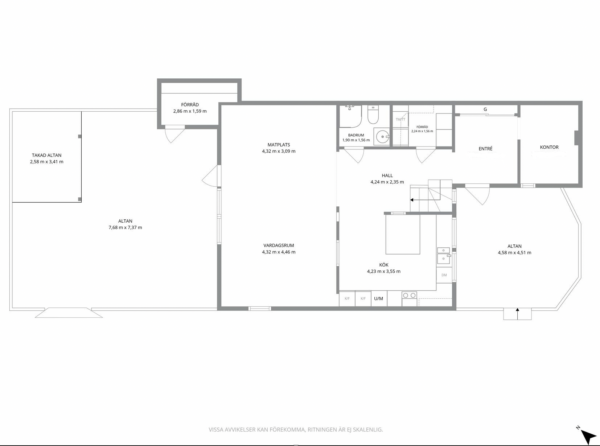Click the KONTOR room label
click(x=549, y=147)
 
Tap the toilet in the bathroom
click(x=373, y=115)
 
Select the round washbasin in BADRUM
click(x=382, y=137)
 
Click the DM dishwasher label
click(x=444, y=275)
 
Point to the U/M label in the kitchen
click(x=378, y=298)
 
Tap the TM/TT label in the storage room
click(x=400, y=119)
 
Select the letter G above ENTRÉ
click(x=485, y=109)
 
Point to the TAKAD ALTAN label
click(x=46, y=155)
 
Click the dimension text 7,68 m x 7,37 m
click(x=125, y=227)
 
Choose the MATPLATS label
click(x=279, y=145)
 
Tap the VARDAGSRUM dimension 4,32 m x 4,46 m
click(x=279, y=252)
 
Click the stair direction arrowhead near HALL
click(x=412, y=200)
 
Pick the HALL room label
click(x=387, y=175)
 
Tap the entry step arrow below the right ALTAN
click(x=518, y=314)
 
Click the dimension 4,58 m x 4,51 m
click(x=514, y=253)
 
